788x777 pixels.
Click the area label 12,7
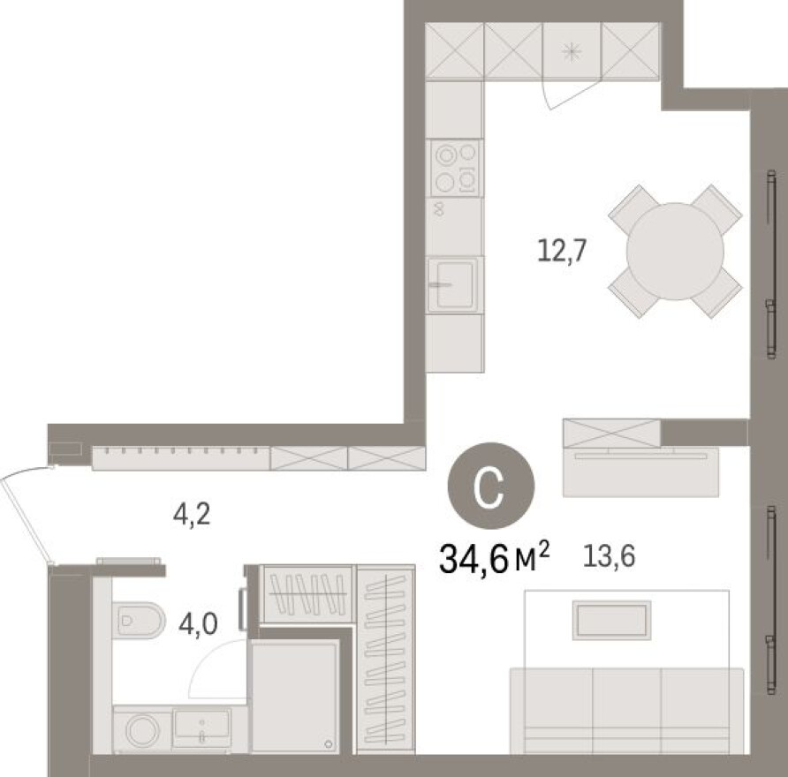click(x=562, y=251)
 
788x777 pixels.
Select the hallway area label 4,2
click(x=192, y=515)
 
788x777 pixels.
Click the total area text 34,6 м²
click(x=495, y=558)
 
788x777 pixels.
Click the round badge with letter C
click(x=490, y=487)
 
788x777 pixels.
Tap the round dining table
click(x=675, y=252)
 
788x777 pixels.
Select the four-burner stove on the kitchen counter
click(x=456, y=168)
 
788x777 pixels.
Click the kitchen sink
click(x=454, y=284)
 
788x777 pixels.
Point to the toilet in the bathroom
click(x=140, y=619)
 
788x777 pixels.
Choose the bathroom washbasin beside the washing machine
click(x=201, y=727)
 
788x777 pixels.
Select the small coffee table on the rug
click(x=610, y=619)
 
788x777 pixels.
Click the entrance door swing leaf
click(x=27, y=517)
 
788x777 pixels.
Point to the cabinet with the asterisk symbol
click(x=572, y=51)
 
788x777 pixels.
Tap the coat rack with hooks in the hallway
click(x=180, y=456)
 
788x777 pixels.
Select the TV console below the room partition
click(x=641, y=468)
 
